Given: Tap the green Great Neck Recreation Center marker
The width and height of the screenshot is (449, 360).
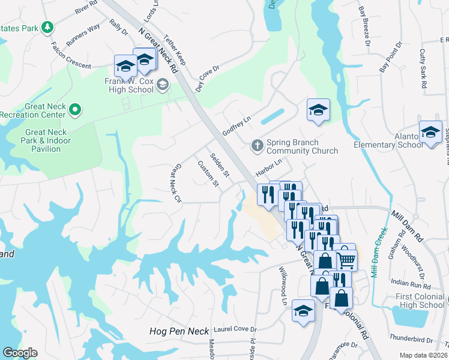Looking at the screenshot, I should click(74, 109).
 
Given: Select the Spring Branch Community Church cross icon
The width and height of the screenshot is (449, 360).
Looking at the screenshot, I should click(256, 145).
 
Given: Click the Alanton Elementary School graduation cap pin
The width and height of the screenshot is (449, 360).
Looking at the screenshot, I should click(430, 133).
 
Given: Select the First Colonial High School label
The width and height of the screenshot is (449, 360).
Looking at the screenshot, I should click(420, 301).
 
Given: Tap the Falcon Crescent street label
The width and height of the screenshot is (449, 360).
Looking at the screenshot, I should click(71, 56).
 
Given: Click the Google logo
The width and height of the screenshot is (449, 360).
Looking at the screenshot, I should click(20, 353).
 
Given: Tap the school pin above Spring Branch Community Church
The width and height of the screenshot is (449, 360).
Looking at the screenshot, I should click(318, 110).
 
